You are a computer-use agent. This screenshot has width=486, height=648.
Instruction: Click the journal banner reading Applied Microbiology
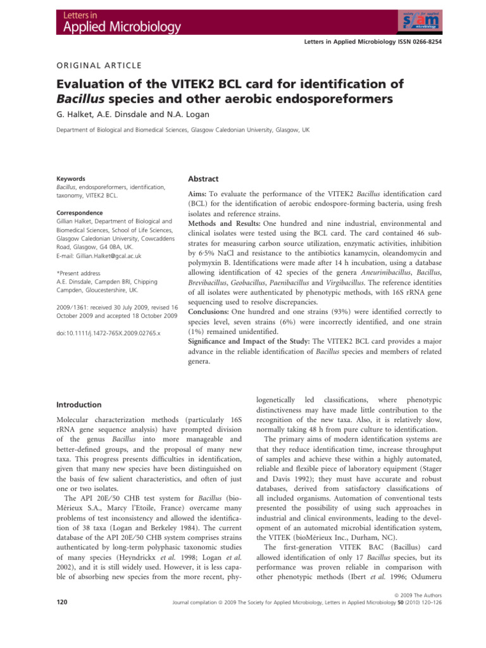(111, 27)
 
